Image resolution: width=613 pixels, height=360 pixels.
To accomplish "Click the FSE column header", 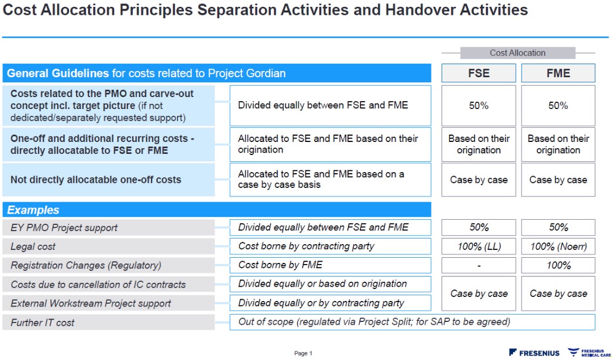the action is click(x=478, y=73).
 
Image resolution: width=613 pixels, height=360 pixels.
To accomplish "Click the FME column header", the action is click(x=558, y=73).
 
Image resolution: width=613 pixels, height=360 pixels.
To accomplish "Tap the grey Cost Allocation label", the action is click(x=517, y=53).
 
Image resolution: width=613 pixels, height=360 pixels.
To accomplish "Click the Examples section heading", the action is click(x=217, y=210).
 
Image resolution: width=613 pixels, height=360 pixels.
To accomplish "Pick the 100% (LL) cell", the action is click(x=478, y=246).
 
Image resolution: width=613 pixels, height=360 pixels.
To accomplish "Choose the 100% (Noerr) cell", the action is click(x=558, y=246).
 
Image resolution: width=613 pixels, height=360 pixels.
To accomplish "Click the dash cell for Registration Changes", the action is click(x=478, y=265).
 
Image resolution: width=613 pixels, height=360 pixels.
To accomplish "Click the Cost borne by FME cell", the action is click(x=330, y=265).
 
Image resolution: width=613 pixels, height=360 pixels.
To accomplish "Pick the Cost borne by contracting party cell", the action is click(x=330, y=246).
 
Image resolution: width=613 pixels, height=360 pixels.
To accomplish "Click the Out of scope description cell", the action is click(x=412, y=322).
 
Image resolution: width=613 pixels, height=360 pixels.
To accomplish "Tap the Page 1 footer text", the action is click(x=303, y=353).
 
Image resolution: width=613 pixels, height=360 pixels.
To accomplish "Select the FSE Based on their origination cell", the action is click(x=478, y=144).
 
